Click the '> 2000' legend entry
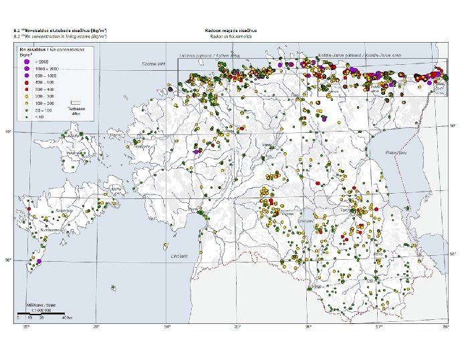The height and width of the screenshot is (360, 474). (x=39, y=62)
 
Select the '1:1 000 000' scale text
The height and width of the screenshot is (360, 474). (x=39, y=309)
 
